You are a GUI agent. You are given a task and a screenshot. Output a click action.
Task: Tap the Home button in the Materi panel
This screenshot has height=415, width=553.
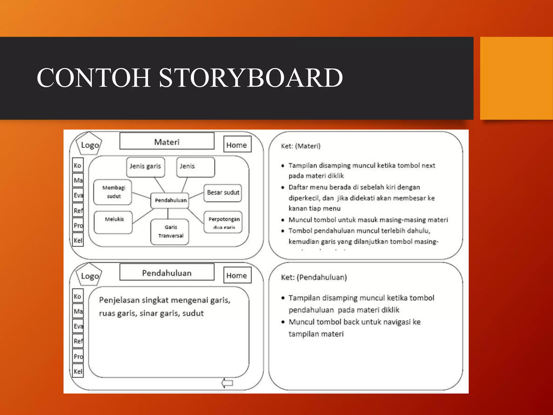point(237,145)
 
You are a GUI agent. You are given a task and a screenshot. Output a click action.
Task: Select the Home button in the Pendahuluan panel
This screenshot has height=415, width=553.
point(237,275)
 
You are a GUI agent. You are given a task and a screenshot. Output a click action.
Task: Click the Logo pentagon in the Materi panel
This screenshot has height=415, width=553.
point(89,144)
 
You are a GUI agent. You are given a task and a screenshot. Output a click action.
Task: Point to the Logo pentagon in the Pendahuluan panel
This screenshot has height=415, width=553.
point(89,275)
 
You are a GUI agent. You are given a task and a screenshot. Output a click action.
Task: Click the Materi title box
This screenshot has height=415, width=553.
point(167,141)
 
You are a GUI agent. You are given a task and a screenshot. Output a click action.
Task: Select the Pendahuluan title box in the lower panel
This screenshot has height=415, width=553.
point(167,272)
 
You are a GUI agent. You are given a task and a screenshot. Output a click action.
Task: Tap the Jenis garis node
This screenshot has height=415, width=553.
point(146,166)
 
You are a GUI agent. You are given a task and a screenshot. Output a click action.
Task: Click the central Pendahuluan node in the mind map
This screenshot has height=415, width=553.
point(170,200)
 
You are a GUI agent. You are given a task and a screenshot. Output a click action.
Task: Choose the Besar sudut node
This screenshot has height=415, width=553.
point(223,193)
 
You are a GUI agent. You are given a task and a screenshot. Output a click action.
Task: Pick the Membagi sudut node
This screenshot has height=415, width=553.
point(113,192)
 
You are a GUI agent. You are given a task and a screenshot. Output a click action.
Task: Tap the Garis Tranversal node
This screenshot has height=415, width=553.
point(170,232)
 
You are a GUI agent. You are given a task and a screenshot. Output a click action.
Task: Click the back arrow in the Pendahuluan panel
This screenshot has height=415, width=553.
point(227,383)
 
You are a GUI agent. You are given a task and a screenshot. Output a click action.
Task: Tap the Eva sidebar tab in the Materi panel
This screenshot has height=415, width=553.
point(78,195)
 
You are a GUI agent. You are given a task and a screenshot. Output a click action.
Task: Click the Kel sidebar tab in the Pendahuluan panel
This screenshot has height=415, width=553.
point(78,371)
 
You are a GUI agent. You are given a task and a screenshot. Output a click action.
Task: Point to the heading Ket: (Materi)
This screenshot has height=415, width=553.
point(301,146)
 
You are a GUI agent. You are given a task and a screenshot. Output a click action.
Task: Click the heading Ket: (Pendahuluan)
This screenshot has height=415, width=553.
point(314,277)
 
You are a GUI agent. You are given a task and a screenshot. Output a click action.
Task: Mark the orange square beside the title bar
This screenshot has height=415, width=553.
point(516,78)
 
